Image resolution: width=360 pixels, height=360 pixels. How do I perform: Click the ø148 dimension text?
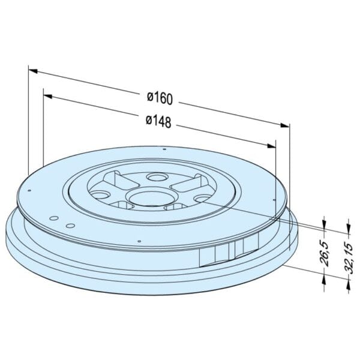pos(158,121)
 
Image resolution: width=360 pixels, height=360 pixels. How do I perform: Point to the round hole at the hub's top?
pos(158,178)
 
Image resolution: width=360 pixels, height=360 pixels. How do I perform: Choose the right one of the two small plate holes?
pos(70,226)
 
